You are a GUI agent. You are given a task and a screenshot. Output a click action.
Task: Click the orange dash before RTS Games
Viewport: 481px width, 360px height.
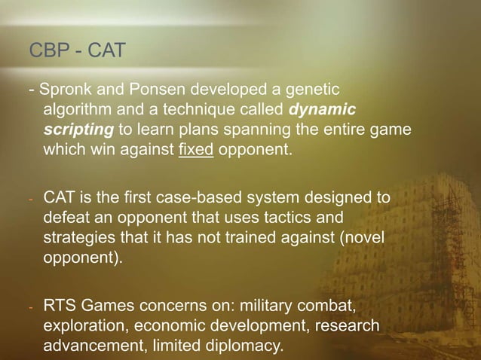31,307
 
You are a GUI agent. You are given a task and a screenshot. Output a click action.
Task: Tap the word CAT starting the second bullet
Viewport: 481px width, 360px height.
60,199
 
